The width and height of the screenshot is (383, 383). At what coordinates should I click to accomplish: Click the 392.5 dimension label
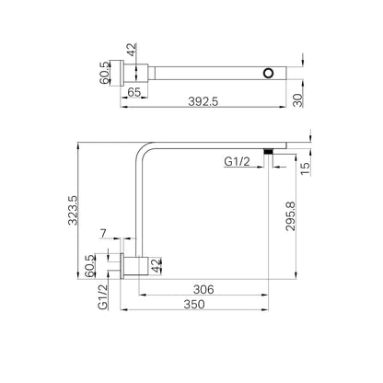click(203, 101)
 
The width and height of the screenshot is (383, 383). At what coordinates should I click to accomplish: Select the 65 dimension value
click(134, 92)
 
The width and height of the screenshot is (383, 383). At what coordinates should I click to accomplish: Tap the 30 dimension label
click(298, 100)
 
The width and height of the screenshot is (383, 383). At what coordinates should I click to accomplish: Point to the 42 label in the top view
click(132, 50)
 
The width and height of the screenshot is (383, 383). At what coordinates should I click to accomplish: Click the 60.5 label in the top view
click(104, 73)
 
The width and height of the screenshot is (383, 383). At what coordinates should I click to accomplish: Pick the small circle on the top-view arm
click(268, 73)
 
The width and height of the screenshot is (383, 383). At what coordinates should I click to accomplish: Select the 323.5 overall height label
click(74, 211)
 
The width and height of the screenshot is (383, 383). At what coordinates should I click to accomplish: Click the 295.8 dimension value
click(290, 216)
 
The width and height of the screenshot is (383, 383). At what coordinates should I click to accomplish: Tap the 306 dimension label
click(203, 289)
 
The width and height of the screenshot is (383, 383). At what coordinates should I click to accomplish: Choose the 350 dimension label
click(194, 304)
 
